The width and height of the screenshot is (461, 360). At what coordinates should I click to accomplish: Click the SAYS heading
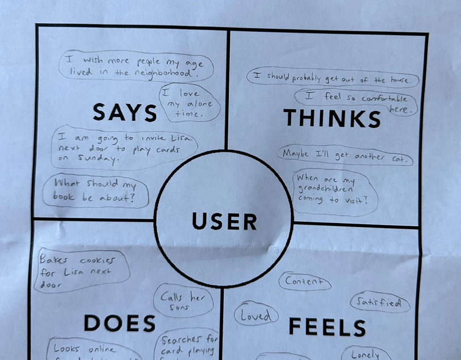(125, 113)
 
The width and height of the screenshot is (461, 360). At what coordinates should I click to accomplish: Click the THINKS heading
(332, 118)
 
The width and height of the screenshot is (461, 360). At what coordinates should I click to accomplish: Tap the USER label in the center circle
(224, 221)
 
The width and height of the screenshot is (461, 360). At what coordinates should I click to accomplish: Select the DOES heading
(119, 323)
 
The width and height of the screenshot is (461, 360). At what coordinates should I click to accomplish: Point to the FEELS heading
(327, 327)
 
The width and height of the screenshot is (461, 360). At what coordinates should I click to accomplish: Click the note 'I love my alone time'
(185, 103)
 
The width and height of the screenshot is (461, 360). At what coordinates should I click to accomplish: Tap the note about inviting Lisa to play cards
(123, 148)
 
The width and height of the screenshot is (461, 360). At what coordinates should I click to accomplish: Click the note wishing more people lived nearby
(135, 66)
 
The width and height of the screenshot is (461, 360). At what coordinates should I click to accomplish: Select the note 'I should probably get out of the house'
(333, 79)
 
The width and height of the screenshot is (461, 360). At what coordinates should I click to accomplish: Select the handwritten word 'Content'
(305, 281)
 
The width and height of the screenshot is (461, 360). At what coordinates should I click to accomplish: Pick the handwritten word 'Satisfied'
(379, 303)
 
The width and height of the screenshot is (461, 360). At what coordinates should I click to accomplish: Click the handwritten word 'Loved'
(256, 316)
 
